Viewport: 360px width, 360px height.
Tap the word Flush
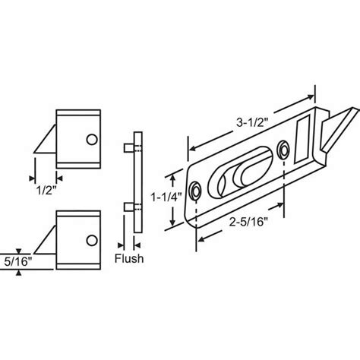click(128, 257)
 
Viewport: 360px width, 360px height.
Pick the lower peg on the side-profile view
click(125, 206)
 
